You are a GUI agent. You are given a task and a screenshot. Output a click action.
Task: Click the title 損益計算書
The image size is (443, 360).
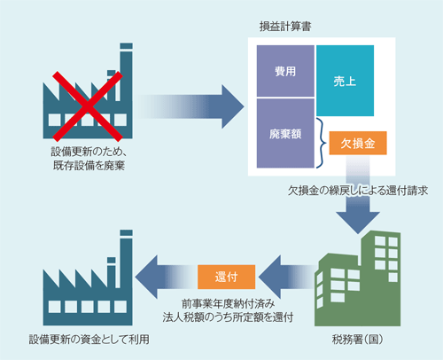pyautogui.click(x=285, y=27)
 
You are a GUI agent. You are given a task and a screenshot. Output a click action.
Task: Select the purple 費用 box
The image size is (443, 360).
pyautogui.click(x=285, y=71)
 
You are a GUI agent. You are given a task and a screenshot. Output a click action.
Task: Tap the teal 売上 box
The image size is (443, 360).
pyautogui.click(x=345, y=81)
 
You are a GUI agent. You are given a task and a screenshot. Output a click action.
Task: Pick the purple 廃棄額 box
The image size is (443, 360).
pyautogui.click(x=285, y=133)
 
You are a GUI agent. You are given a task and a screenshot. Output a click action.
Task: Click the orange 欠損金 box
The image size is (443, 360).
pyautogui.click(x=358, y=143)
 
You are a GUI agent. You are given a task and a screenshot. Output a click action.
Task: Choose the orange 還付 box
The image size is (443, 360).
pyautogui.click(x=226, y=277)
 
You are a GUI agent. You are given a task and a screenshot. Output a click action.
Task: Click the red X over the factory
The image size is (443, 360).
pyautogui.click(x=88, y=106)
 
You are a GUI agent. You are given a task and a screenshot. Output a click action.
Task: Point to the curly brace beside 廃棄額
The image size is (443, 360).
pyautogui.click(x=322, y=143)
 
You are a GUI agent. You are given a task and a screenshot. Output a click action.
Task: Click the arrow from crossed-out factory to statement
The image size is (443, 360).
pyautogui.click(x=190, y=106)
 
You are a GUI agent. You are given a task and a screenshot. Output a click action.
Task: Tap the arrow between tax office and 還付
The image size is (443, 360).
pyautogui.click(x=287, y=277)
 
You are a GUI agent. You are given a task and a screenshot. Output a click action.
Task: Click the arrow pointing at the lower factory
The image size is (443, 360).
pyautogui.click(x=166, y=277)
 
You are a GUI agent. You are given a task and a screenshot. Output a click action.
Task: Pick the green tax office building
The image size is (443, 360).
pyautogui.click(x=358, y=278)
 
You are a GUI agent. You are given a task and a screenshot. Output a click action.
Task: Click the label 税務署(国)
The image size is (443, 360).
pyautogui.click(x=358, y=340)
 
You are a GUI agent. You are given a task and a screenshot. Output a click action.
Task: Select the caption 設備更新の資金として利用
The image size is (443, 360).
pyautogui.click(x=89, y=340)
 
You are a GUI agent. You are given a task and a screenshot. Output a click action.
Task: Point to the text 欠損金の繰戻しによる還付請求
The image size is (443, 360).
pyautogui.click(x=358, y=191)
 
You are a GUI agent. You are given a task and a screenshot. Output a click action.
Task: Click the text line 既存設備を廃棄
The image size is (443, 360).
pyautogui.click(x=89, y=166)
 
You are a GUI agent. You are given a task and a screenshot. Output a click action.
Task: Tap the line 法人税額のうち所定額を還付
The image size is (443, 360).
pyautogui.click(x=228, y=317)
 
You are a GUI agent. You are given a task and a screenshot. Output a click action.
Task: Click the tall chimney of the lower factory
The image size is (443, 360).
pyautogui.click(x=126, y=259)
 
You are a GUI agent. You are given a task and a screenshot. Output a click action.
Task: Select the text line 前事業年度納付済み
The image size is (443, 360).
pyautogui.click(x=228, y=304)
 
